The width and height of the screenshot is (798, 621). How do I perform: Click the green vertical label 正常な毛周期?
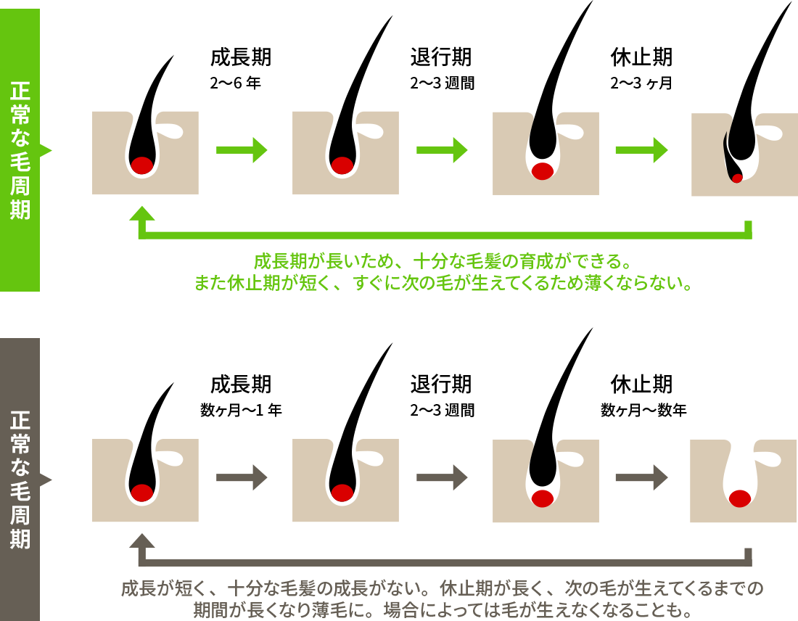[x=20, y=150]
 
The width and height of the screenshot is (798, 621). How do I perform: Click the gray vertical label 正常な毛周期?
[x=20, y=480]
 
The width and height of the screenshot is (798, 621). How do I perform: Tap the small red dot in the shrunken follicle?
[x=737, y=178]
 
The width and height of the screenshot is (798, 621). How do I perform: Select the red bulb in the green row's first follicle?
[x=142, y=165]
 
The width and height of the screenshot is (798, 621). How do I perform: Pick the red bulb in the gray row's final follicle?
[x=739, y=498]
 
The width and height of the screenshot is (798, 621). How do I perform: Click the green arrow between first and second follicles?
[x=242, y=150]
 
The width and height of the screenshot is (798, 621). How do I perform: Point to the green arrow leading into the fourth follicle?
[x=641, y=150]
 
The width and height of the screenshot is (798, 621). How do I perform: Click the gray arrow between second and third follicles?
[x=442, y=477]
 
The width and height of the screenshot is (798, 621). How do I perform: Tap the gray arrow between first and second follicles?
[x=242, y=477]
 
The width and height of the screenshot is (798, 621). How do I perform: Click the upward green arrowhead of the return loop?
[x=142, y=213]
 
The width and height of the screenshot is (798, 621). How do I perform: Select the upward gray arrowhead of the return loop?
[x=142, y=541]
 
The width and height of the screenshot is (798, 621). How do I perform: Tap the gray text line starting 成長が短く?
[x=443, y=588]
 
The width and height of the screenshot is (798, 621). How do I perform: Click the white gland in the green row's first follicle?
[x=168, y=131]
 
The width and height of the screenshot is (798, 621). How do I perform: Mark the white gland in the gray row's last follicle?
[x=760, y=458]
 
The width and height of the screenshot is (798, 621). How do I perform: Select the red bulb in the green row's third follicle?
[x=543, y=171]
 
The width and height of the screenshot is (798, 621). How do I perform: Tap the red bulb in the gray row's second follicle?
[x=342, y=493]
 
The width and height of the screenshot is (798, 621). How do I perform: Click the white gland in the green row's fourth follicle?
[x=768, y=132]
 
